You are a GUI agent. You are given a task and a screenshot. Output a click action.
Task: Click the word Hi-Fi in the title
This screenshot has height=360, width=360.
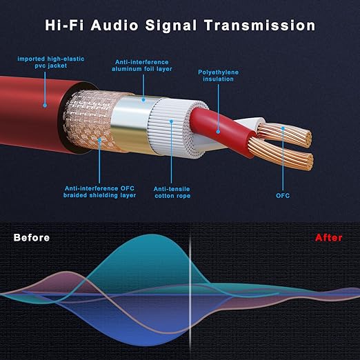click(x=64, y=25)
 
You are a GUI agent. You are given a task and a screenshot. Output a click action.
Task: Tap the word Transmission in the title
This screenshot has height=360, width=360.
click(x=260, y=25)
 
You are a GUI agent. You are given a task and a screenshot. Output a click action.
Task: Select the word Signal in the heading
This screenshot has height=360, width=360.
click(x=171, y=26)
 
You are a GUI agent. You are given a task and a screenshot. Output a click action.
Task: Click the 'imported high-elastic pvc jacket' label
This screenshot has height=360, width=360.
click(x=51, y=62)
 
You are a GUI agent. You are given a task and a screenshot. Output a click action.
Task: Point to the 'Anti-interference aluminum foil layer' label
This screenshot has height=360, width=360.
click(x=142, y=66)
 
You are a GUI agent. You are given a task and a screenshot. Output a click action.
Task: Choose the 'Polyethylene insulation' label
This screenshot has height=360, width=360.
click(x=218, y=75)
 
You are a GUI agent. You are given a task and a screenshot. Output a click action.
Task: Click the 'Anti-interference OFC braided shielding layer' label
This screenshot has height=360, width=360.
click(x=99, y=192)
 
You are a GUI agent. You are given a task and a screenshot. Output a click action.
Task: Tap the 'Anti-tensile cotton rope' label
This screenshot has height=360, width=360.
click(x=172, y=192)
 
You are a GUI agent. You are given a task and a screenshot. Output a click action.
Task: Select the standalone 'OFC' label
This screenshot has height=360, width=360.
click(x=283, y=196)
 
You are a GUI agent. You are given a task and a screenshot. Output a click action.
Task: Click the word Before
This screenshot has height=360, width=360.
click(x=32, y=238)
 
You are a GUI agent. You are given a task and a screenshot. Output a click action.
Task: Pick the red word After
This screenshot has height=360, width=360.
click(x=328, y=238)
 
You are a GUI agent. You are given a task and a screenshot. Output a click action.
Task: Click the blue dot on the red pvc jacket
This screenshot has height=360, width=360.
click(x=45, y=106)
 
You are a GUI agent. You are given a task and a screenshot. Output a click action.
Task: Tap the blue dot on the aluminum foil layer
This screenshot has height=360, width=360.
click(x=143, y=100)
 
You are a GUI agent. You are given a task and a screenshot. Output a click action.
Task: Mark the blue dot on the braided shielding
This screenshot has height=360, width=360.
click(x=99, y=139)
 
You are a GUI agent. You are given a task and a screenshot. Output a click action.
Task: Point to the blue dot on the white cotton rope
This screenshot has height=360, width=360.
click(x=171, y=121)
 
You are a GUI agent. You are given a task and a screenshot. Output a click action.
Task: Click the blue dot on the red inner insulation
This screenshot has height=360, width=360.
click(x=218, y=132)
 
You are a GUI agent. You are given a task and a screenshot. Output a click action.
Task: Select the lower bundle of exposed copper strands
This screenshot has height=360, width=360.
click(x=281, y=154)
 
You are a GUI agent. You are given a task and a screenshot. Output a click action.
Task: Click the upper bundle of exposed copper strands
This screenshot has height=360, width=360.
click(x=285, y=134)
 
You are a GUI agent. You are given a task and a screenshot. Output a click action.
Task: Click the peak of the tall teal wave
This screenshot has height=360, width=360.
click(x=150, y=234)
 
